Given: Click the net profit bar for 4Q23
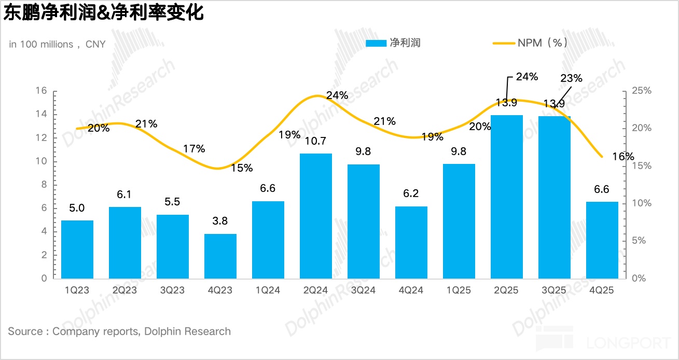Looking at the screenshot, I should tap(220, 256).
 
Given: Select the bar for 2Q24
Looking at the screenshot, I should tap(316, 216).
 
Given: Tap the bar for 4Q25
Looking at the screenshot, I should tap(602, 240).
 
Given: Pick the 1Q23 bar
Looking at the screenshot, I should tap(77, 249).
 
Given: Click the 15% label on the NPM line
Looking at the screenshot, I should tap(242, 168).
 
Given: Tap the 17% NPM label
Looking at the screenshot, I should tap(194, 149).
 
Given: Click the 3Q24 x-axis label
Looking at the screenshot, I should tap(363, 290).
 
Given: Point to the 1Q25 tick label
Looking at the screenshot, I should tap(459, 290).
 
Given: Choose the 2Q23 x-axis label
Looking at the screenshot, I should tap(124, 290).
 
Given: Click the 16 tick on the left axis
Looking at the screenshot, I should tap(41, 91).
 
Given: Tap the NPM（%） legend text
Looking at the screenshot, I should tap(542, 43).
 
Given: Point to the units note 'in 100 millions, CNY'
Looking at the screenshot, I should tap(57, 45).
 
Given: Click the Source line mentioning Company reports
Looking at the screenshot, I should tap(119, 331).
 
